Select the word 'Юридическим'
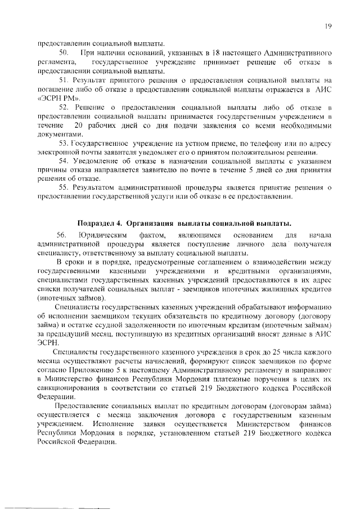pyautogui.click(x=102, y=234)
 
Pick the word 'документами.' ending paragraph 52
pyautogui.click(x=59, y=134)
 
